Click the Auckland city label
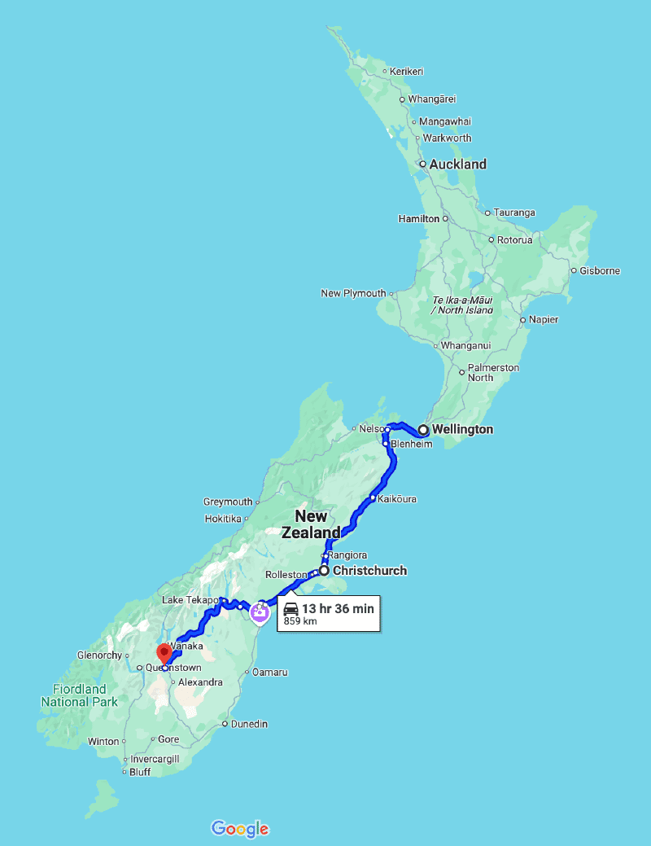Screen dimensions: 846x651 click(457, 164)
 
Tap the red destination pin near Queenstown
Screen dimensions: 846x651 click(164, 652)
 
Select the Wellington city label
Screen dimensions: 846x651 click(462, 429)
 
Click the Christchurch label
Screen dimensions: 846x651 click(369, 571)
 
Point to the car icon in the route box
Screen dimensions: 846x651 click(291, 609)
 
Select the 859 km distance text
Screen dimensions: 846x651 click(299, 621)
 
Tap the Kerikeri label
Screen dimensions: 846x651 click(407, 72)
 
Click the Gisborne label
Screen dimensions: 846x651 click(601, 271)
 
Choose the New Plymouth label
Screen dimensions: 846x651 click(353, 294)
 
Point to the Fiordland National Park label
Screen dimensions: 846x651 click(80, 695)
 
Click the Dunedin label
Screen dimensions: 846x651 click(249, 724)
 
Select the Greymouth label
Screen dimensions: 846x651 click(228, 502)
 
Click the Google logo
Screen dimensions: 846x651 click(240, 829)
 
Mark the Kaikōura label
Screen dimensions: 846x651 click(398, 498)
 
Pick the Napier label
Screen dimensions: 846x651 click(544, 320)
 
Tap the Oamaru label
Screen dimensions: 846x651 click(271, 673)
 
